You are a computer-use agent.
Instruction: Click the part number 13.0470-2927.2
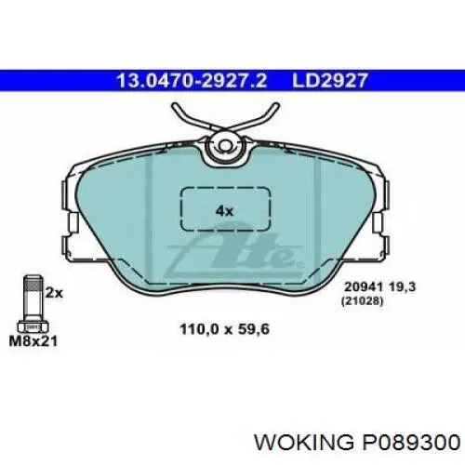click(192, 81)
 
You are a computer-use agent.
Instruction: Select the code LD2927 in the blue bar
click(329, 81)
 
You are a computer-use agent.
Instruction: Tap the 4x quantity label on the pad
click(224, 211)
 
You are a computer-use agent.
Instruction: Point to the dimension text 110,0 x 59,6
click(225, 329)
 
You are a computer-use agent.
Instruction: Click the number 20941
click(365, 286)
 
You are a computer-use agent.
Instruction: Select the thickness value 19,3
click(403, 287)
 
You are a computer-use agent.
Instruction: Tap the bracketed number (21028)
click(362, 300)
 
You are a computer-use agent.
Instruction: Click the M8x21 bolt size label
click(33, 341)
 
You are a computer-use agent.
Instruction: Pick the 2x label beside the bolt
click(54, 293)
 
